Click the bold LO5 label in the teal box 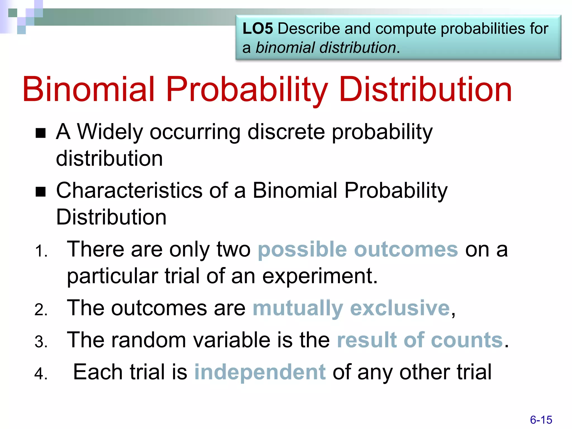pyautogui.click(x=258, y=29)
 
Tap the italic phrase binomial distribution pyautogui.click(x=326, y=48)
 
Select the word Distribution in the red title pyautogui.click(x=426, y=89)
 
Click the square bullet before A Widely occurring pyautogui.click(x=41, y=133)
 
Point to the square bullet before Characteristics pyautogui.click(x=41, y=192)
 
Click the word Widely pyautogui.click(x=110, y=132)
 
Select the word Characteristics pyautogui.click(x=129, y=190)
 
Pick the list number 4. pyautogui.click(x=40, y=374)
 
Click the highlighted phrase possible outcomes pyautogui.click(x=357, y=249)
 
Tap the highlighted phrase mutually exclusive pyautogui.click(x=351, y=308)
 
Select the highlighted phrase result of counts pyautogui.click(x=420, y=340)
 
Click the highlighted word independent pyautogui.click(x=260, y=372)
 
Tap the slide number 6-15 pyautogui.click(x=541, y=420)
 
